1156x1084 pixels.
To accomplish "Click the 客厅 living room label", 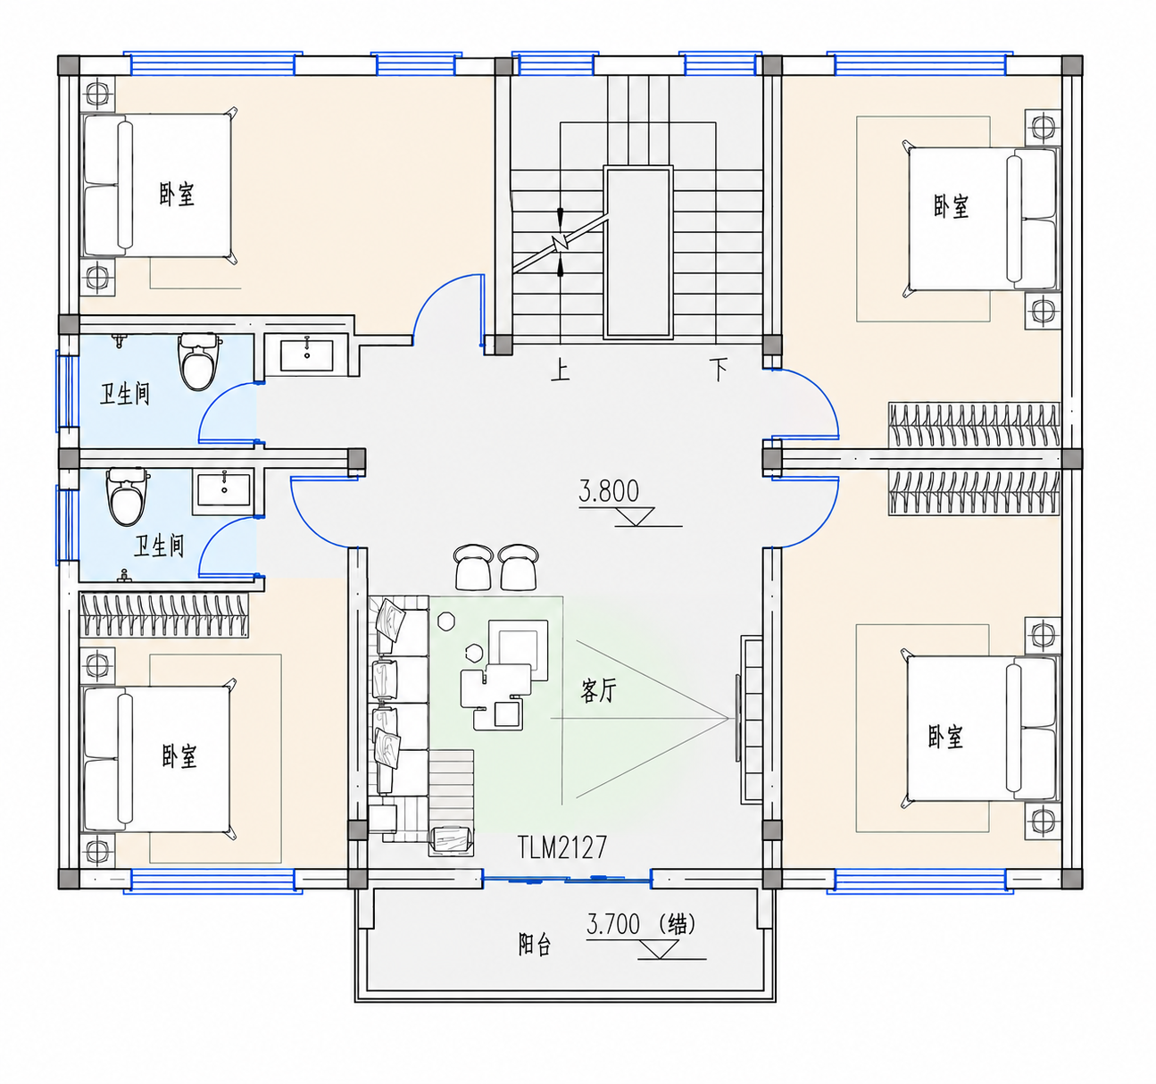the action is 598,691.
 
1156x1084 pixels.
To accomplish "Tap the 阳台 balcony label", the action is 534,944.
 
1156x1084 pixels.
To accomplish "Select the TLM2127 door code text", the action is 562,846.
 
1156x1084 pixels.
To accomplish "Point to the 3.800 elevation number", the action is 608,491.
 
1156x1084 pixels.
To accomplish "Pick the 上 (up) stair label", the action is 560,371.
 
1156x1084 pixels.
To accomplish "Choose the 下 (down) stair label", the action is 719,370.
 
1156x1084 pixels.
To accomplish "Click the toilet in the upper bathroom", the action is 198,361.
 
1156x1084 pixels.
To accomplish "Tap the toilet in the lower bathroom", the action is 128,496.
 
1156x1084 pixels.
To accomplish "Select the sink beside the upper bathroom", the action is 307,355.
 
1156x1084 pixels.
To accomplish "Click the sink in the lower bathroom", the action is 224,490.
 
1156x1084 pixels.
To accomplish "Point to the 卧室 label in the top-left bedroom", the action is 177,194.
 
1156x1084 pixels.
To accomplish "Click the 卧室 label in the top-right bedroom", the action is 951,207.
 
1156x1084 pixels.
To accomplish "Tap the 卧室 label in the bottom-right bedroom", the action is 945,737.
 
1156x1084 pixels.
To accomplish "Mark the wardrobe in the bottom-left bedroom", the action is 164,615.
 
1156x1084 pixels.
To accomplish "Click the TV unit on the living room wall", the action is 751,720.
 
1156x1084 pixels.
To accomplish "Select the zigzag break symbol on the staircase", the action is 561,242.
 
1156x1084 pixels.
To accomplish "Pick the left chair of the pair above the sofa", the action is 473,567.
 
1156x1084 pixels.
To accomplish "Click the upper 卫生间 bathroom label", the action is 125,395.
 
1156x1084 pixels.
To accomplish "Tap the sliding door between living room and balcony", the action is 567,879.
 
